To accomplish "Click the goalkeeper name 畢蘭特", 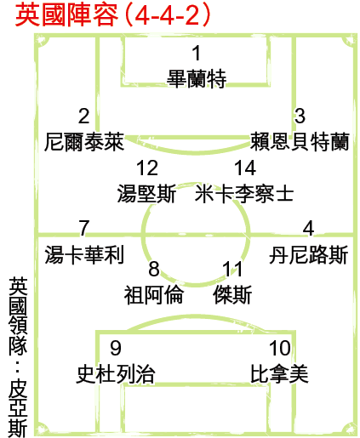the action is click(197, 79).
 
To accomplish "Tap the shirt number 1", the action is click(197, 53).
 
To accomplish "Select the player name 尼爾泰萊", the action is click(84, 141).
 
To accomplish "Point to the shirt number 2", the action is click(84, 116).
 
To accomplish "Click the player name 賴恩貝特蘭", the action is click(300, 141).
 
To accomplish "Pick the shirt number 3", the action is click(300, 116).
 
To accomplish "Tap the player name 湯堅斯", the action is click(146, 194).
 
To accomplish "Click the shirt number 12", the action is click(147, 168).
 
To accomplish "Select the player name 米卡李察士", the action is click(244, 194).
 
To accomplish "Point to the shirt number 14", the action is click(245, 168).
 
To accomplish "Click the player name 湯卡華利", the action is click(84, 255).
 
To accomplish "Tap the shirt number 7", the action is click(84, 228).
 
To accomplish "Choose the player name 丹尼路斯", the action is click(309, 255).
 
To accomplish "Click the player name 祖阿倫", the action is click(153, 294).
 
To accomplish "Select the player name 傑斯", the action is click(232, 294).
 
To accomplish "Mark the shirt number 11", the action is click(232, 269).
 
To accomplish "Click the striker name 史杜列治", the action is click(116, 374).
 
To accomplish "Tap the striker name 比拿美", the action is click(279, 374).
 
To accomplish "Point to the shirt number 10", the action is click(280, 348).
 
